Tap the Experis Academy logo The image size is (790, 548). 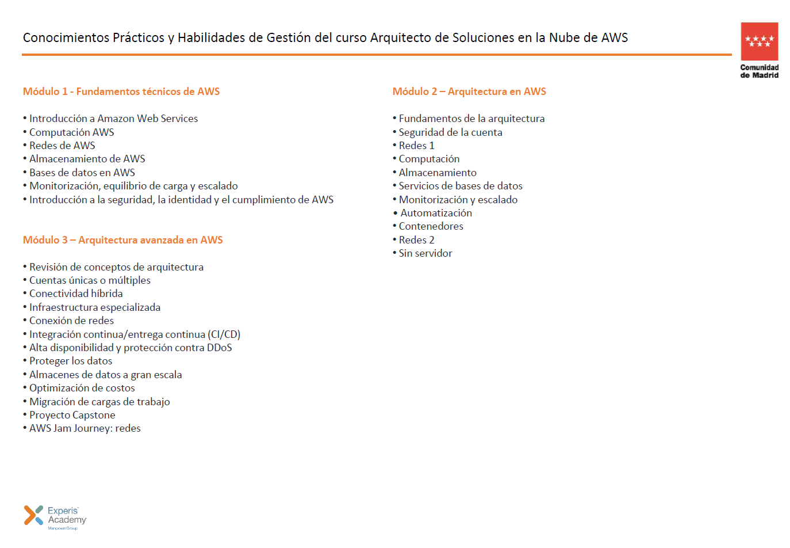point(55,516)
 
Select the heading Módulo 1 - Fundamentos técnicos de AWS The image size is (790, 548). point(121,92)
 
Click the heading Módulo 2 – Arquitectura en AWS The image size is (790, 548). point(469,92)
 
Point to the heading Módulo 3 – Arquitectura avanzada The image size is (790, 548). point(123,240)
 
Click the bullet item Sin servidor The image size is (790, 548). point(425,253)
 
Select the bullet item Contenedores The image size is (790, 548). point(431,226)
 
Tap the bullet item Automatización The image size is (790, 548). point(436,213)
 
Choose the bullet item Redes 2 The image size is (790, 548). point(416,240)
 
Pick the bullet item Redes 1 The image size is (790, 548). point(416,146)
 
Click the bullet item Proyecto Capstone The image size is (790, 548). point(72,415)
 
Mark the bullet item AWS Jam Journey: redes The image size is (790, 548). point(85,428)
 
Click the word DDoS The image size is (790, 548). point(219,348)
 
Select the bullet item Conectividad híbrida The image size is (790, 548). point(76,294)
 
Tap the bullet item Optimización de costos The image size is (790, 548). point(82,388)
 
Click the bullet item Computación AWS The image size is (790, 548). point(72,132)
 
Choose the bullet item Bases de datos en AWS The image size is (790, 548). point(82,173)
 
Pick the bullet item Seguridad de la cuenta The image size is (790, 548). point(450,132)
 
